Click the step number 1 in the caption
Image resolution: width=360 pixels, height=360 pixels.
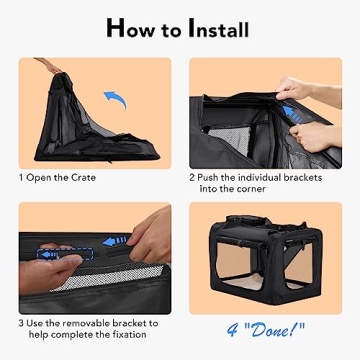pos(22,178)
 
